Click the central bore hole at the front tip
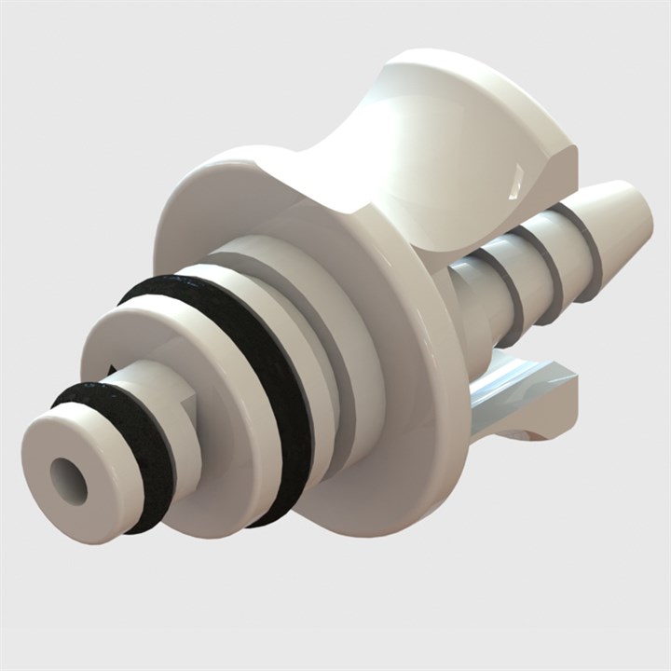[x=69, y=481]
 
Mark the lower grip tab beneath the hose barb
[x=522, y=391]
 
